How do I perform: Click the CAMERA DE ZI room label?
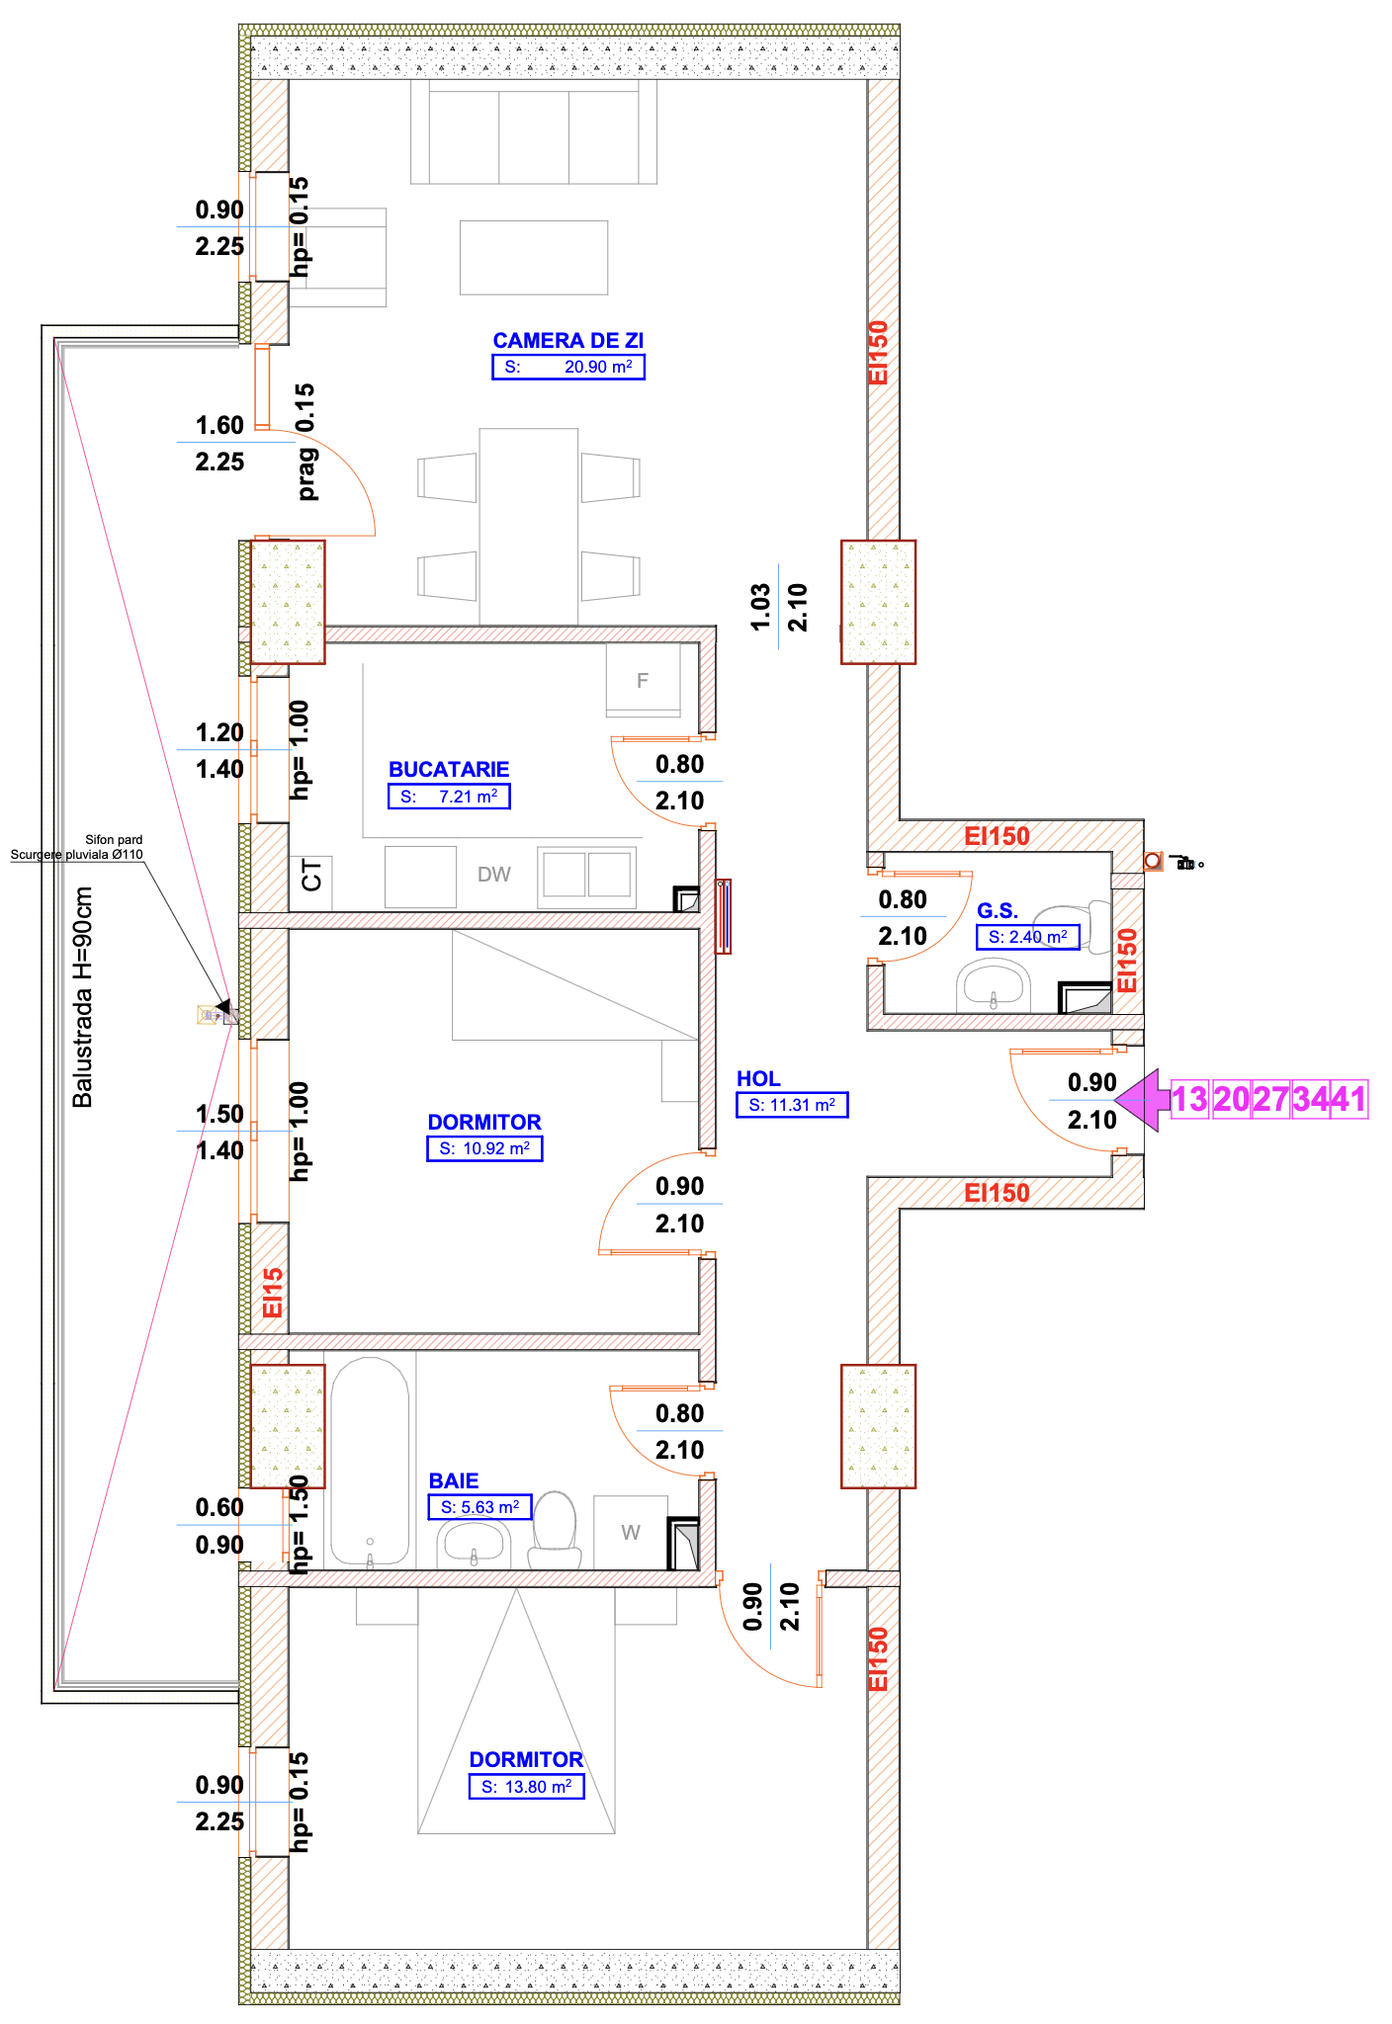pyautogui.click(x=567, y=341)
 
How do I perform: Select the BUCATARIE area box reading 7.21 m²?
pyautogui.click(x=449, y=797)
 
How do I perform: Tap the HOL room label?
pyautogui.click(x=758, y=1079)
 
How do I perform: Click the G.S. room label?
pyautogui.click(x=997, y=911)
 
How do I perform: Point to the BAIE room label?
pyautogui.click(x=454, y=1480)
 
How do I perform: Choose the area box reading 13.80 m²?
pyautogui.click(x=526, y=1787)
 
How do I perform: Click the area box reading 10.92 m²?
pyautogui.click(x=484, y=1148)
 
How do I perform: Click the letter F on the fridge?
pyautogui.click(x=643, y=681)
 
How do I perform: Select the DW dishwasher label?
pyautogui.click(x=494, y=875)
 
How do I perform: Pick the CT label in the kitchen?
pyautogui.click(x=311, y=876)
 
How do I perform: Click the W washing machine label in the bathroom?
pyautogui.click(x=631, y=1533)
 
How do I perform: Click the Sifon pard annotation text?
pyautogui.click(x=114, y=840)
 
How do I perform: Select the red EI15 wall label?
pyautogui.click(x=273, y=1293)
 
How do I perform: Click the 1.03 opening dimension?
pyautogui.click(x=759, y=607)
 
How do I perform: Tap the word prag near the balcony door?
pyautogui.click(x=307, y=474)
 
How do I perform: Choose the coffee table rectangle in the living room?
pyautogui.click(x=534, y=257)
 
